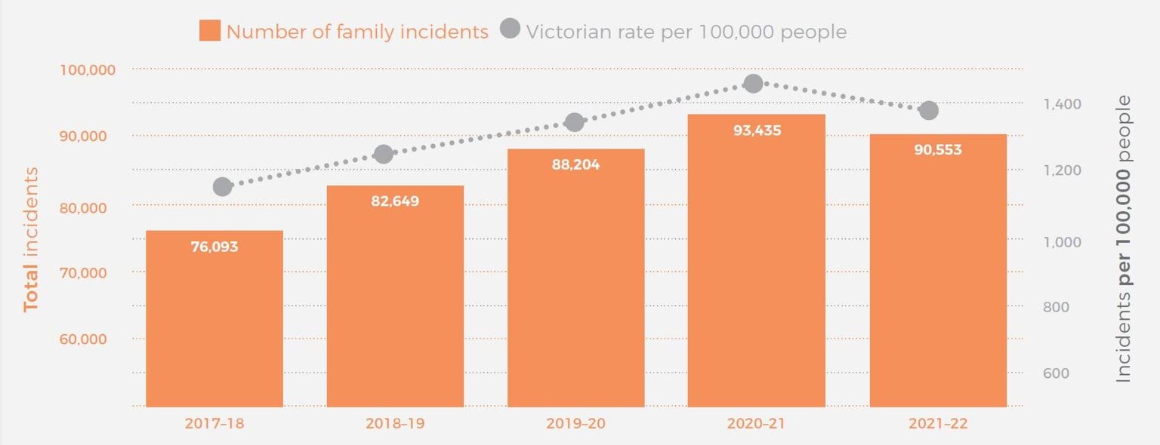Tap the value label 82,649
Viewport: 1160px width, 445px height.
click(x=395, y=201)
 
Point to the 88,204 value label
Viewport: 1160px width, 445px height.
click(x=575, y=164)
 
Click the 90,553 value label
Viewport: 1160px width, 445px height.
click(x=938, y=150)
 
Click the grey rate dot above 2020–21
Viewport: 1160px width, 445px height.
click(x=753, y=84)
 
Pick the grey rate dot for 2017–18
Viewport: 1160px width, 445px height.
click(x=222, y=186)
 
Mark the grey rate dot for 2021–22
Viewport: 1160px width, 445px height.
click(x=929, y=111)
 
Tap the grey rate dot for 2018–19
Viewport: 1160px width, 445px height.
click(x=384, y=154)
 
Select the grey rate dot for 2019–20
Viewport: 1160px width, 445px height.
click(x=574, y=122)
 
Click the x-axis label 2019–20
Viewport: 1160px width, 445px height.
click(x=575, y=424)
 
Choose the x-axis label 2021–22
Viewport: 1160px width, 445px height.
click(x=938, y=424)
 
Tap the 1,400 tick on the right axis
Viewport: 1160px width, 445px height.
click(x=1061, y=104)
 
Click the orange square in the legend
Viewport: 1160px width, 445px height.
click(x=209, y=31)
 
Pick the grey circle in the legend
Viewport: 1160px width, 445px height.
click(x=510, y=31)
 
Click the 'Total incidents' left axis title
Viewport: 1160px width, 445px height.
click(x=31, y=239)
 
